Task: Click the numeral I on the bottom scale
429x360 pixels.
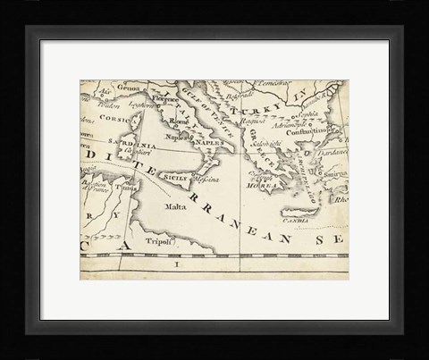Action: coord(176,265)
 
